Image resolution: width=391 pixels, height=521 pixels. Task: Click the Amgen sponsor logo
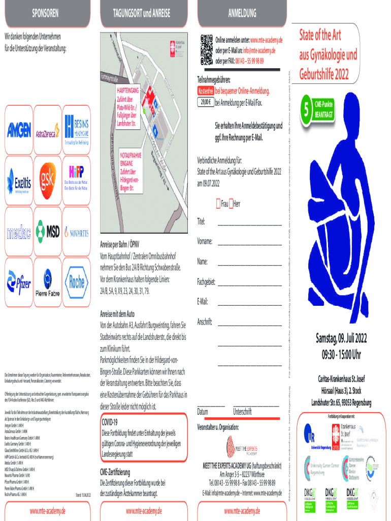tap(19, 131)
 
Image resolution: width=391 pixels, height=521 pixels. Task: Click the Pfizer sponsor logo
tap(18, 281)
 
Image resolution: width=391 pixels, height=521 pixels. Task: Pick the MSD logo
tap(48, 231)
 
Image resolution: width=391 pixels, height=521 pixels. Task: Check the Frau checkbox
tap(218, 204)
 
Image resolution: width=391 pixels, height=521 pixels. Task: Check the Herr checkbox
tap(232, 204)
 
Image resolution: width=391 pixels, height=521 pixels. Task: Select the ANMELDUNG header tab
tap(242, 12)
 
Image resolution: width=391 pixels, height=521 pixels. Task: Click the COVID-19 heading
tap(109, 422)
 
